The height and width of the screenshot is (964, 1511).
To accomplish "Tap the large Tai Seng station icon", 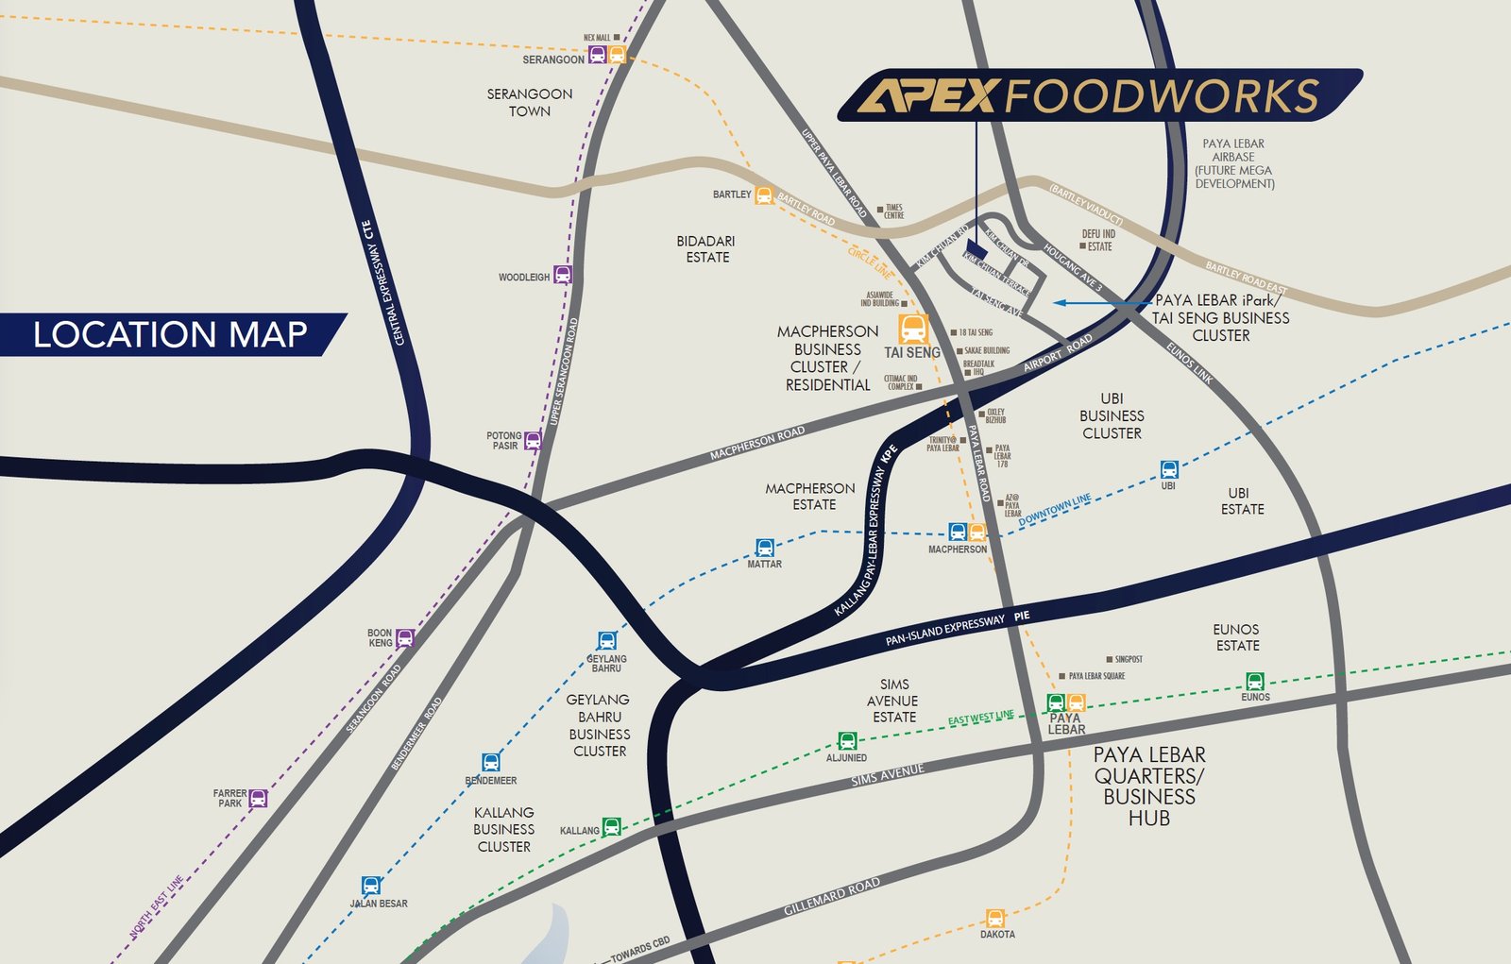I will pyautogui.click(x=913, y=329).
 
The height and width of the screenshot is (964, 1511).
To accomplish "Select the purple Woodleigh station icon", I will pyautogui.click(x=563, y=275).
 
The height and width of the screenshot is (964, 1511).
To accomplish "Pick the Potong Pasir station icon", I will pyautogui.click(x=534, y=440).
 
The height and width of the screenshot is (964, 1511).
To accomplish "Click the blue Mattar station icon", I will pyautogui.click(x=765, y=548).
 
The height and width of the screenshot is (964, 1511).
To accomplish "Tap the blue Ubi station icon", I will pyautogui.click(x=1169, y=469).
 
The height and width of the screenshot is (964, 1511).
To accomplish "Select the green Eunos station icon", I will pyautogui.click(x=1255, y=681).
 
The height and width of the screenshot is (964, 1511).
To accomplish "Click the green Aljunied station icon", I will pyautogui.click(x=847, y=741).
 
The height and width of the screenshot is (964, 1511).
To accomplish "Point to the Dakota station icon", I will pyautogui.click(x=995, y=918).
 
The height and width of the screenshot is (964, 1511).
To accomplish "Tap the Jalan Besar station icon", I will pyautogui.click(x=371, y=886).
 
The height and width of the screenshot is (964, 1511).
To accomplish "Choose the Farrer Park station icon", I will pyautogui.click(x=258, y=798).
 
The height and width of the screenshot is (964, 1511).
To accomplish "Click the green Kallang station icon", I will pyautogui.click(x=612, y=827).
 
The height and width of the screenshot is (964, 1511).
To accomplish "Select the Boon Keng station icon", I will pyautogui.click(x=405, y=637).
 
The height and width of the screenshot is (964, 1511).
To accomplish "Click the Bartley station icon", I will pyautogui.click(x=764, y=195).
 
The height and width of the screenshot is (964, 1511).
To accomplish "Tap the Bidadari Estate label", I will pyautogui.click(x=705, y=249).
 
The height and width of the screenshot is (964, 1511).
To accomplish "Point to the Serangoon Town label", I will pyautogui.click(x=530, y=102).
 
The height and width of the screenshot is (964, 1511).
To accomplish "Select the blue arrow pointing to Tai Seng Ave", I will pyautogui.click(x=1086, y=303).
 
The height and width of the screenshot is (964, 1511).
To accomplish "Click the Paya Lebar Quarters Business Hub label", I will pyautogui.click(x=1148, y=786).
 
